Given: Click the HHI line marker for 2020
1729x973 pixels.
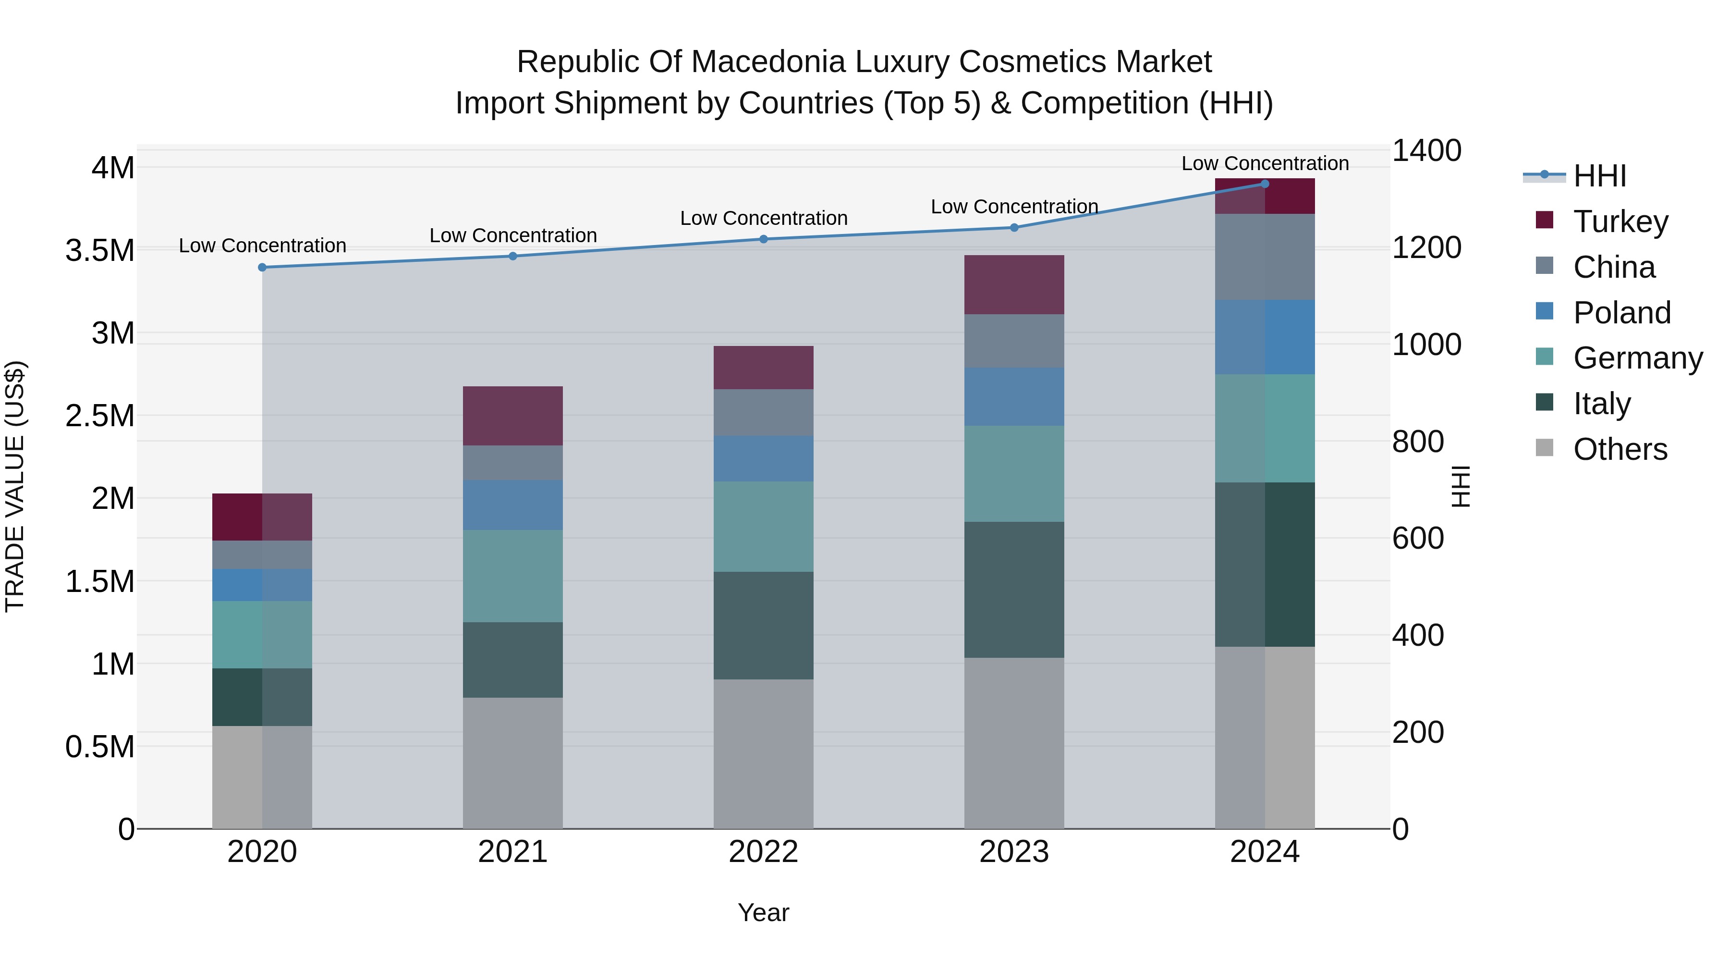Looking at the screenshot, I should (262, 267).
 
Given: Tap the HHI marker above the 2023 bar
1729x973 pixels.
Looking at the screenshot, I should (1014, 228).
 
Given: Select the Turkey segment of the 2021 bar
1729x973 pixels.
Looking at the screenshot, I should (513, 416).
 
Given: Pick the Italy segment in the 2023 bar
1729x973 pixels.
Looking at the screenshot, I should (1014, 590).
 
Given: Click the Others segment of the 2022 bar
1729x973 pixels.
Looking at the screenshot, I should (763, 753).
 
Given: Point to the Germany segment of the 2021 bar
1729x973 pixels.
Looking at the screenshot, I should (513, 576).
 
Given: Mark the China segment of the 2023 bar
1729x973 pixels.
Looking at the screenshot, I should (1014, 341).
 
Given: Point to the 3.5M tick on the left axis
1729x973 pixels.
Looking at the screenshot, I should (99, 250).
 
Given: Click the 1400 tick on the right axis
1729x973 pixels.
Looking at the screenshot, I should (1426, 150).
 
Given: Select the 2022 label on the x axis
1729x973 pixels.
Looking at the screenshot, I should (763, 852).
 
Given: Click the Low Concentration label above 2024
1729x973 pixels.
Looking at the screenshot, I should (1265, 163).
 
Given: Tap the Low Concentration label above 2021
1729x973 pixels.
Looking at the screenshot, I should (513, 236).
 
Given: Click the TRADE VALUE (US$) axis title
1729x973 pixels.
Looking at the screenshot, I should (15, 486).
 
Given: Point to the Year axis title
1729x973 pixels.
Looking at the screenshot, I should (763, 912).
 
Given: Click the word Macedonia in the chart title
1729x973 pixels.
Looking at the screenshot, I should (770, 62).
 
